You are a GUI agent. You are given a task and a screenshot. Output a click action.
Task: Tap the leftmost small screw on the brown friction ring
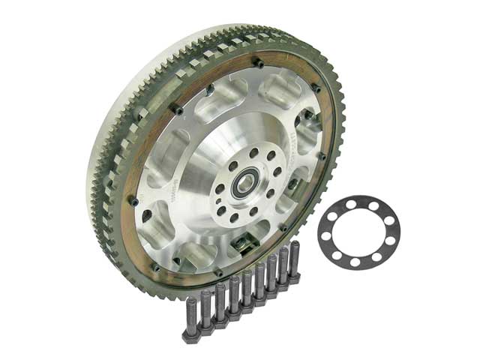pyautogui.click(x=133, y=199)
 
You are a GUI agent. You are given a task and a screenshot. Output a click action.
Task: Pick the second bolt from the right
pyautogui.click(x=283, y=267)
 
